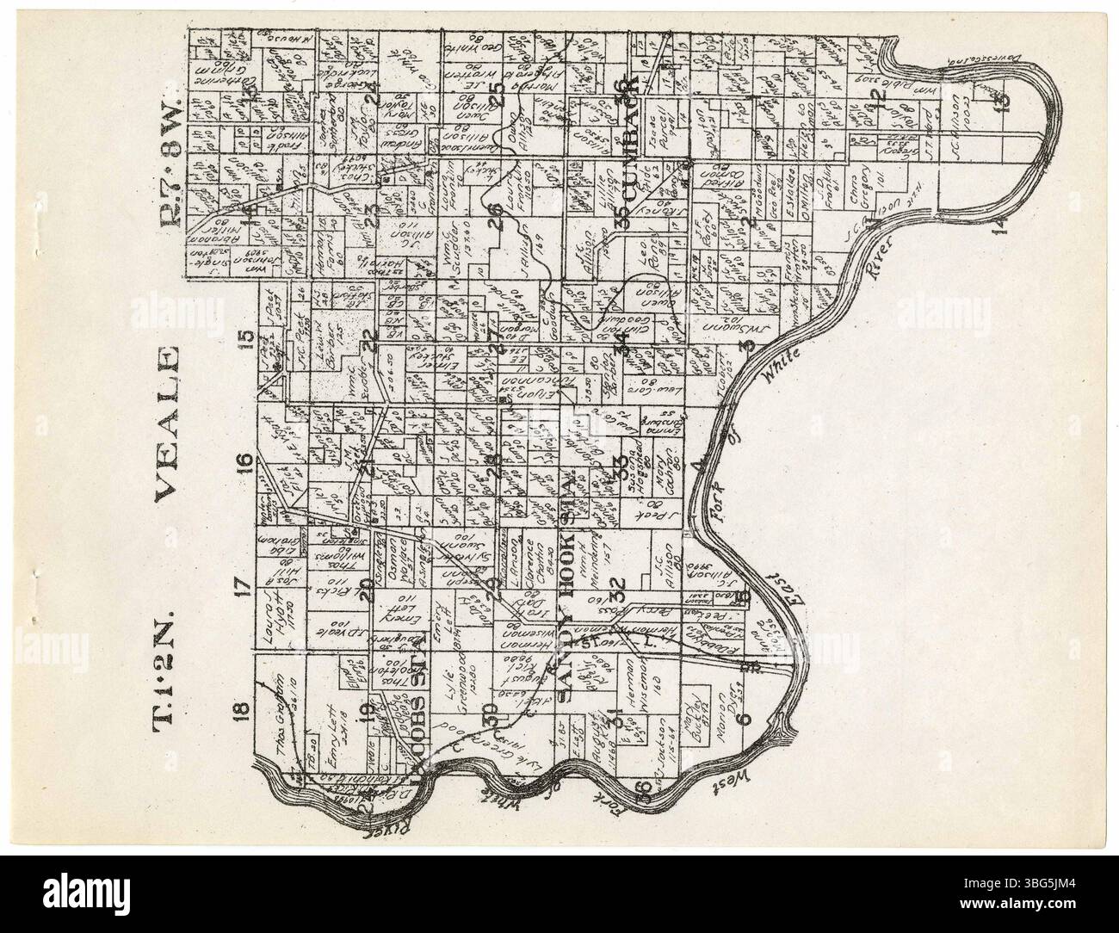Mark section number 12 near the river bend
click(x=879, y=98)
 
